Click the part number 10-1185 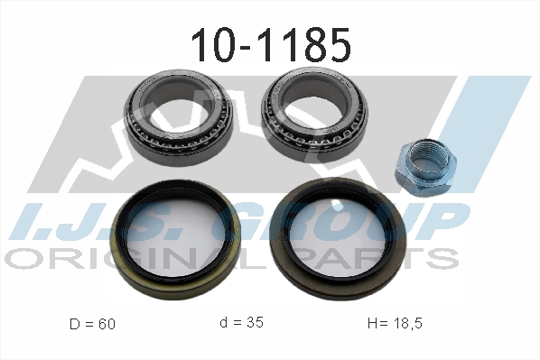click(271, 45)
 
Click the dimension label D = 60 click(92, 324)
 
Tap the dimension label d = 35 click(242, 322)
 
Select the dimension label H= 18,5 click(395, 323)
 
